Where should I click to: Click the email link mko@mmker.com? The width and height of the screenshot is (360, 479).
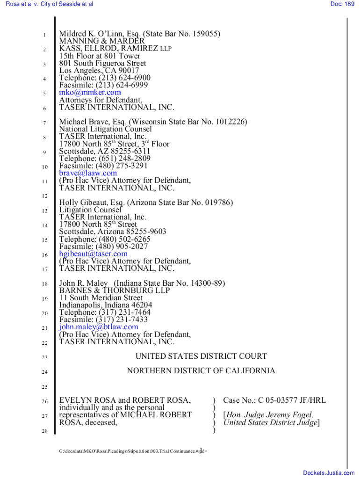(90, 93)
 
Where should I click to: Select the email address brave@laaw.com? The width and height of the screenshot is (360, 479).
(88, 173)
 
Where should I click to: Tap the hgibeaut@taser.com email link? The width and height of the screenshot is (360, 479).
(93, 254)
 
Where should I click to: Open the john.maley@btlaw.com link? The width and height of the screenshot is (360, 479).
(98, 327)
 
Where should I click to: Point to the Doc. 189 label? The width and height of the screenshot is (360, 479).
(342, 4)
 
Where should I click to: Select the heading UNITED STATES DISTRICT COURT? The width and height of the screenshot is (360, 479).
(201, 356)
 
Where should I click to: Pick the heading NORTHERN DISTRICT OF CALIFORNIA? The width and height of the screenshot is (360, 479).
(201, 371)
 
